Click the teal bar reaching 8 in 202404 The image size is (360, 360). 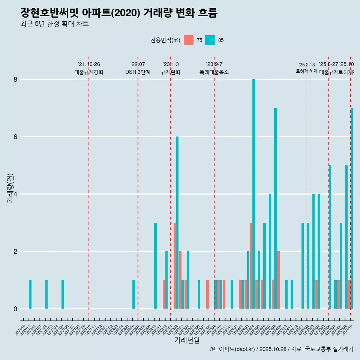253,194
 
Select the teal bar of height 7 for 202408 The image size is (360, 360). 275,208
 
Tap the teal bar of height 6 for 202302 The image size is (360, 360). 177,222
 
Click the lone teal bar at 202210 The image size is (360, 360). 155,265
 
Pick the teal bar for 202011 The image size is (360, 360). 30,294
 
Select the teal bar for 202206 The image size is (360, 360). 133,294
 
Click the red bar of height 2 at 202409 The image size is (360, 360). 278,280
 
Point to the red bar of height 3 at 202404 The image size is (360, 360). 251,265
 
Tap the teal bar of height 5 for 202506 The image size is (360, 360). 330,237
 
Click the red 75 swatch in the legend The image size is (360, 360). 189,40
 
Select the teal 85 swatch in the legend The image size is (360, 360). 210,40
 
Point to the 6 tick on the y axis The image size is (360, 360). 15,137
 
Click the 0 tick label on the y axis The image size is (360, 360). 15,309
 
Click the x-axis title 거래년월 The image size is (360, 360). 187,340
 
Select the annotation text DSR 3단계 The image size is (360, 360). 138,72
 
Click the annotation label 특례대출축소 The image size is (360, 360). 214,72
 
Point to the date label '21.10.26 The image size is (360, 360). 89,64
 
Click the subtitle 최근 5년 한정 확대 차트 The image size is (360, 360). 55,24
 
